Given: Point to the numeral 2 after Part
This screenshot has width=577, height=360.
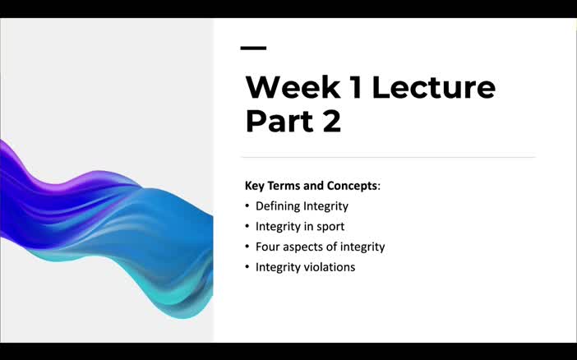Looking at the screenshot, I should click(331, 122).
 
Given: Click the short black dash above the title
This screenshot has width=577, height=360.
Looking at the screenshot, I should click(253, 48).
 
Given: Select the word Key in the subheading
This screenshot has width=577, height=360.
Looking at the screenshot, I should click(255, 186).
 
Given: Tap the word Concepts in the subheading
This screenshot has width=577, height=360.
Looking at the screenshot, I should click(351, 186).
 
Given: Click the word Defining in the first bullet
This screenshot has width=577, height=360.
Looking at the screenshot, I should click(277, 206).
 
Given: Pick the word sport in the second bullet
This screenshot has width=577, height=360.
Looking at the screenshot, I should click(330, 227).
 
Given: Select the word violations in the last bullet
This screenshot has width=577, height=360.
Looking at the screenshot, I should click(329, 267).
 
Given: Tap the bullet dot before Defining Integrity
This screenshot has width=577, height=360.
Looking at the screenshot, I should click(248, 206).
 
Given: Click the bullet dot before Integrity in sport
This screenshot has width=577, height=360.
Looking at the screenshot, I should click(248, 227).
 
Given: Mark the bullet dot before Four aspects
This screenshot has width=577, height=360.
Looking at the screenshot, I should click(248, 247).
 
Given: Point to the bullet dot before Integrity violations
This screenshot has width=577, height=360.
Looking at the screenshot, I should click(248, 267).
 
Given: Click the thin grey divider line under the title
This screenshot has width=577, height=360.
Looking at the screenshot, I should click(387, 156).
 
